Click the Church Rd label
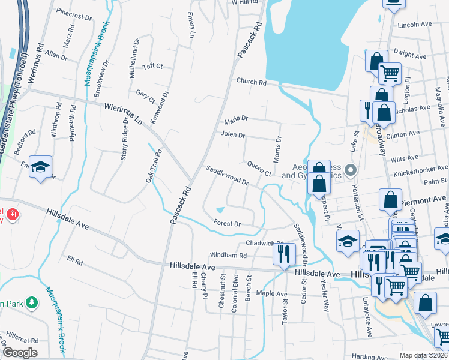251,82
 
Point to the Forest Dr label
228,224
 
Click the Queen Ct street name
259,169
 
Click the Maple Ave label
273,294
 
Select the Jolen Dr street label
233,134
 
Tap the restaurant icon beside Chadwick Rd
284,253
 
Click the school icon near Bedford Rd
40,167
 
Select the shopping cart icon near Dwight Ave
390,73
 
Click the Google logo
19,353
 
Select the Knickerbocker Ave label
420,171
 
